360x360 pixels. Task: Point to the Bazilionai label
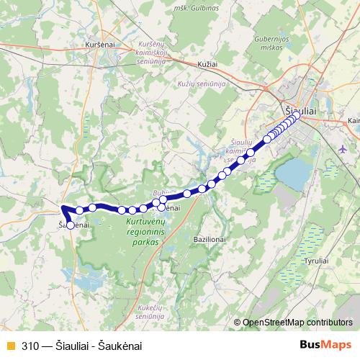(x=211, y=238)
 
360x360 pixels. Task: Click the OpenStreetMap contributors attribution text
(x=297, y=322)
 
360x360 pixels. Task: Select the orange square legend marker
(x=9, y=346)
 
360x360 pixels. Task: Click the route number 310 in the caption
(x=30, y=346)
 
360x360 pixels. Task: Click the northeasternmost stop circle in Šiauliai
(x=296, y=114)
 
